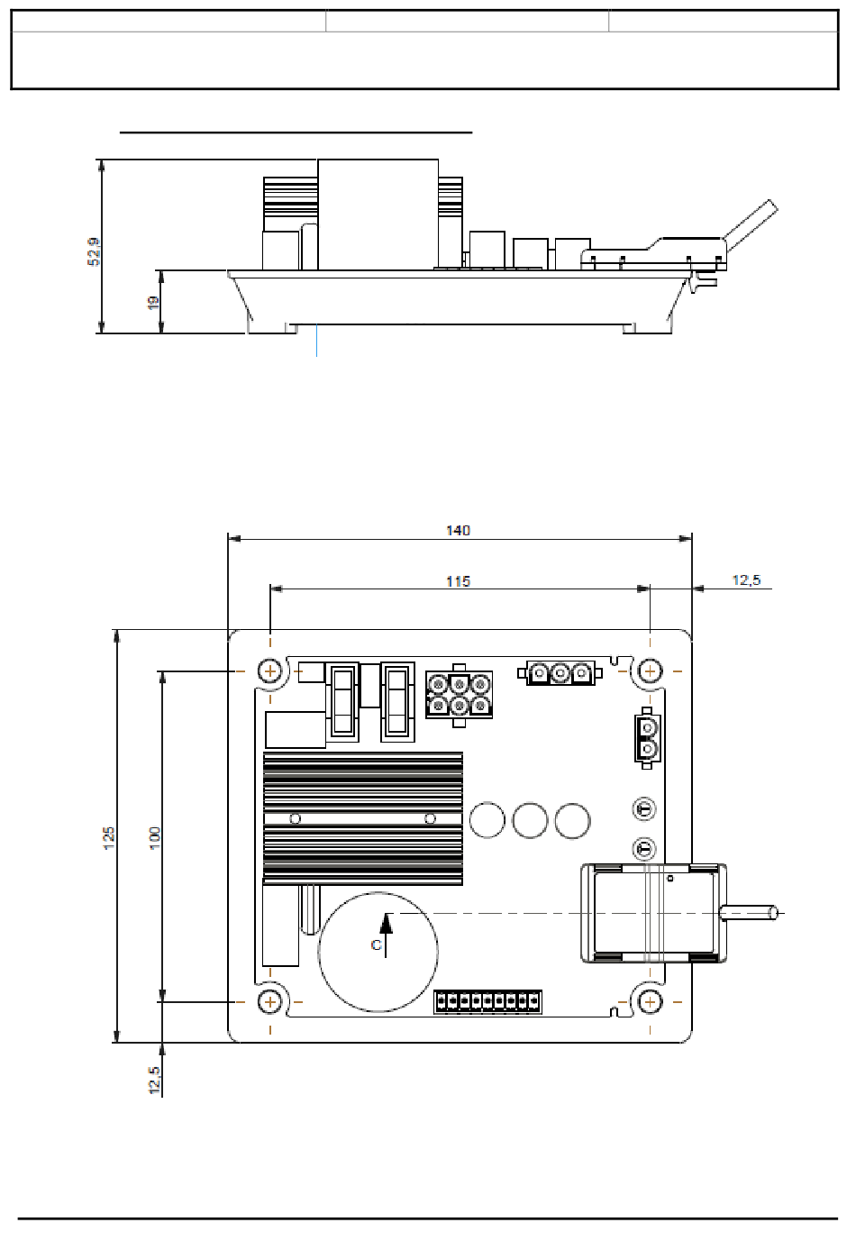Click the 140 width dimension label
click(x=458, y=530)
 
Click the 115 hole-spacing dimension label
click(x=458, y=581)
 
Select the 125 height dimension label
click(x=109, y=835)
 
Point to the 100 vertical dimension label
click(x=155, y=835)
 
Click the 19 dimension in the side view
click(x=153, y=303)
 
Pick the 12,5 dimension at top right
click(x=745, y=579)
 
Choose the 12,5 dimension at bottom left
click(x=155, y=1081)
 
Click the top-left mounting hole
click(x=270, y=671)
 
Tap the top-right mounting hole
click(x=650, y=671)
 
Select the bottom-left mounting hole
click(x=270, y=1001)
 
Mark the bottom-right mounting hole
click(x=650, y=1001)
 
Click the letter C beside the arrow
click(x=376, y=945)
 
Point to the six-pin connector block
click(x=460, y=697)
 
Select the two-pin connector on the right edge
click(x=646, y=737)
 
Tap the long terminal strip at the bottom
click(x=487, y=1001)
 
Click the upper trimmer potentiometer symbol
click(x=644, y=808)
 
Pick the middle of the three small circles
click(x=530, y=820)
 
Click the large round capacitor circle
click(x=378, y=952)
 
